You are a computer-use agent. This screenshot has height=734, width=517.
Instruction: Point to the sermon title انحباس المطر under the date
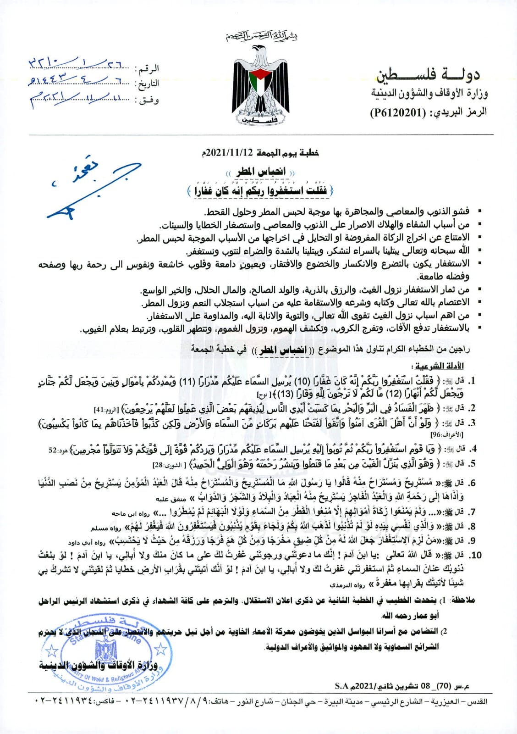(261, 172)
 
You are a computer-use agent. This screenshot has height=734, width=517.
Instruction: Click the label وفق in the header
(148, 99)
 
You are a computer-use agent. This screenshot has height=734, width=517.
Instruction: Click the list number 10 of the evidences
(476, 555)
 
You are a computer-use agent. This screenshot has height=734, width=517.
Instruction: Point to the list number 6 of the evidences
(473, 483)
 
